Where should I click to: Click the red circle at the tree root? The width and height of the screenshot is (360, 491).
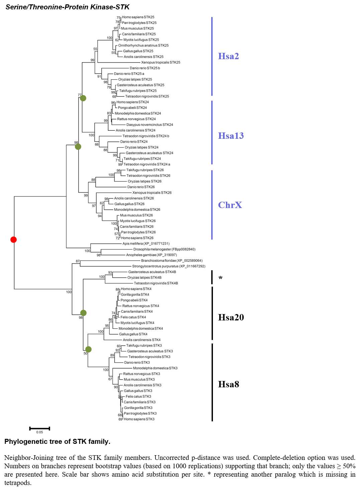14,239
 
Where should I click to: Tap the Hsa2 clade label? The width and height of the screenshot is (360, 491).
228,56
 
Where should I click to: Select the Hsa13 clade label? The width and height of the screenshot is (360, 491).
231,136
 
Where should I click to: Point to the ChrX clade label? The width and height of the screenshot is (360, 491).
230,205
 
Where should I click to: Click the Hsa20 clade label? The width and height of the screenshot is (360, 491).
231,317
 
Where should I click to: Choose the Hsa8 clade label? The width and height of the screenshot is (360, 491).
229,384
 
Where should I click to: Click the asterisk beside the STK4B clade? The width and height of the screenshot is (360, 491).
220,278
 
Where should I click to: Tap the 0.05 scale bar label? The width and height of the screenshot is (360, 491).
39,432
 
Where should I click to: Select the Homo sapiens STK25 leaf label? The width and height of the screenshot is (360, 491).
138,17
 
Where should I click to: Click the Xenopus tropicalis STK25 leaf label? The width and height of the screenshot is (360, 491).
160,62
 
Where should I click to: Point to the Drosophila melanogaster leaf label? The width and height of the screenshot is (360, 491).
164,249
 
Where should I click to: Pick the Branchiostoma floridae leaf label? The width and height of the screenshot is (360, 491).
172,261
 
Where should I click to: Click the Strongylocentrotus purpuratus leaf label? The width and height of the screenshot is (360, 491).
169,266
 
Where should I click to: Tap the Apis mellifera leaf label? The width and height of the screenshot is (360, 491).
146,243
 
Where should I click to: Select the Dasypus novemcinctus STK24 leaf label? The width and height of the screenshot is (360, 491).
150,125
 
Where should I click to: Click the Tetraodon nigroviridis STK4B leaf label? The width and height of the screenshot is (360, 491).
156,283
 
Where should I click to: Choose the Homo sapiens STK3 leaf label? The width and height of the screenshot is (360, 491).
139,419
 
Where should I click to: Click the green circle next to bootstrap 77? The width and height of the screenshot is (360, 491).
83,98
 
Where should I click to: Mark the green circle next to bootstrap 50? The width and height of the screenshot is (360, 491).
88,350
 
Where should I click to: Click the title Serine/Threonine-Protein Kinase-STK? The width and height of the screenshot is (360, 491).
68,7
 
